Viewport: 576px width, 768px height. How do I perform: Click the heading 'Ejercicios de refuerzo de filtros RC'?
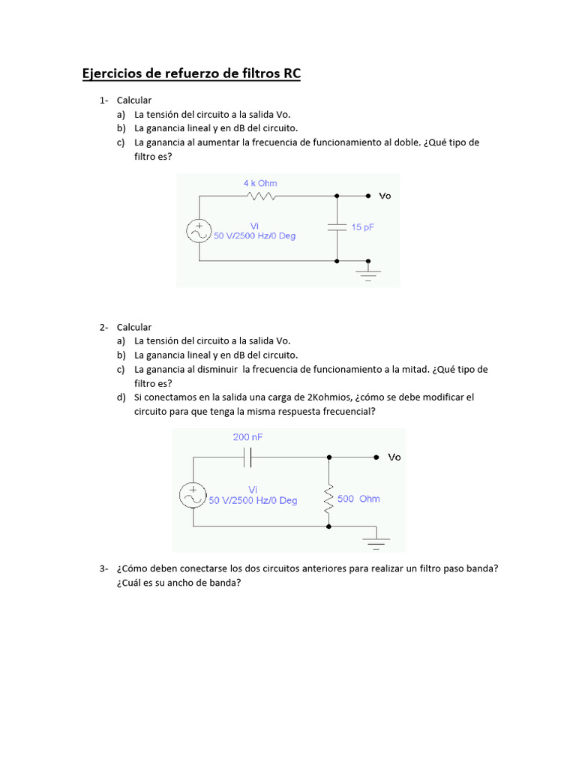click(x=190, y=74)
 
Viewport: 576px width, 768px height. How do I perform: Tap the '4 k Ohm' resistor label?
click(x=259, y=183)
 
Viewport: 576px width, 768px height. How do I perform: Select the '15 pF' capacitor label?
click(x=362, y=226)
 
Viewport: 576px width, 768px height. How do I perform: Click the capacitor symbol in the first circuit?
click(x=337, y=227)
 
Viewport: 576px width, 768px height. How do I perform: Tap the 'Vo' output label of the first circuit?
click(x=385, y=196)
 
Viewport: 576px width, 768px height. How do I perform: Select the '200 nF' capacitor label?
click(x=247, y=436)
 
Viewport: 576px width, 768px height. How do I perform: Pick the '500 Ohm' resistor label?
click(x=358, y=499)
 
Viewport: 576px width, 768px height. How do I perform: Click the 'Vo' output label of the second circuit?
click(x=394, y=457)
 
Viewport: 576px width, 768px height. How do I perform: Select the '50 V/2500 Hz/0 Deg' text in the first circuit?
click(x=254, y=235)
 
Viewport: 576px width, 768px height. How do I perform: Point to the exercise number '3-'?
click(x=104, y=568)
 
